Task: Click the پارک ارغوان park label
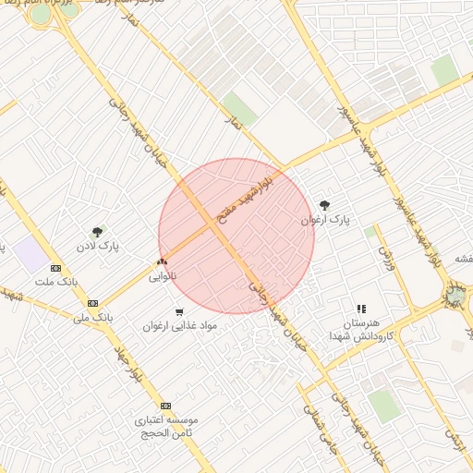[x=325, y=221]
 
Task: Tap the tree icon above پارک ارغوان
[x=324, y=205]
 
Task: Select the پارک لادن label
[x=97, y=247]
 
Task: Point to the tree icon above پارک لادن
[x=97, y=232]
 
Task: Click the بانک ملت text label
[x=55, y=281]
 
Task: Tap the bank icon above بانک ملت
[x=55, y=268]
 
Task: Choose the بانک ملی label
[x=93, y=317]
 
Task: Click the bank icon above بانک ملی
[x=92, y=303]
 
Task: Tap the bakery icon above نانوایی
[x=163, y=263]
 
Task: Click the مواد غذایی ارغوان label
[x=179, y=326]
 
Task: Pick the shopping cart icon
[x=179, y=311]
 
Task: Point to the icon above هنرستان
[x=361, y=309]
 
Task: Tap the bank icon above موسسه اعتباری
[x=165, y=406]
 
